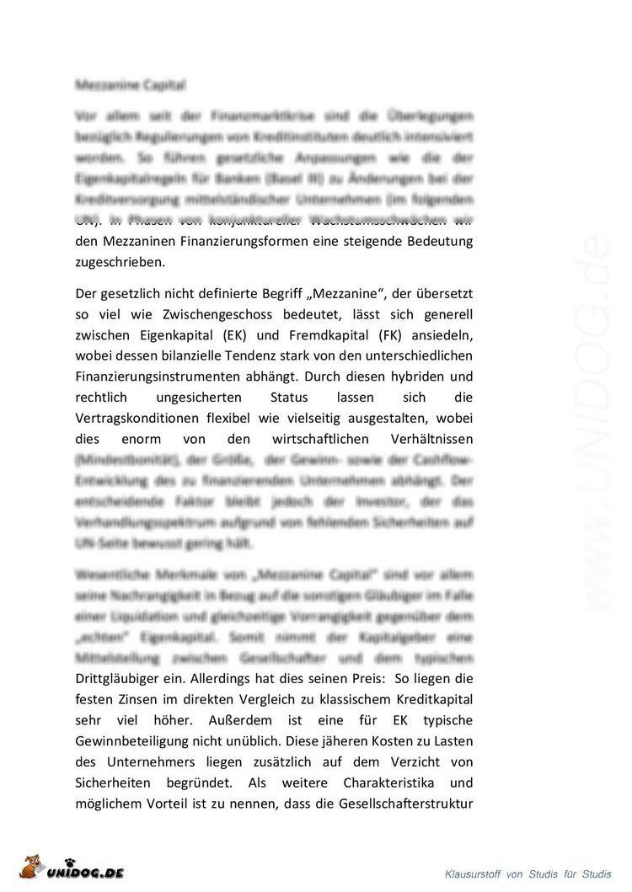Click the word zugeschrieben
pyautogui.click(x=120, y=262)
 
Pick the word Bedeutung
pyautogui.click(x=436, y=241)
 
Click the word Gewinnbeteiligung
pyautogui.click(x=142, y=740)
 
